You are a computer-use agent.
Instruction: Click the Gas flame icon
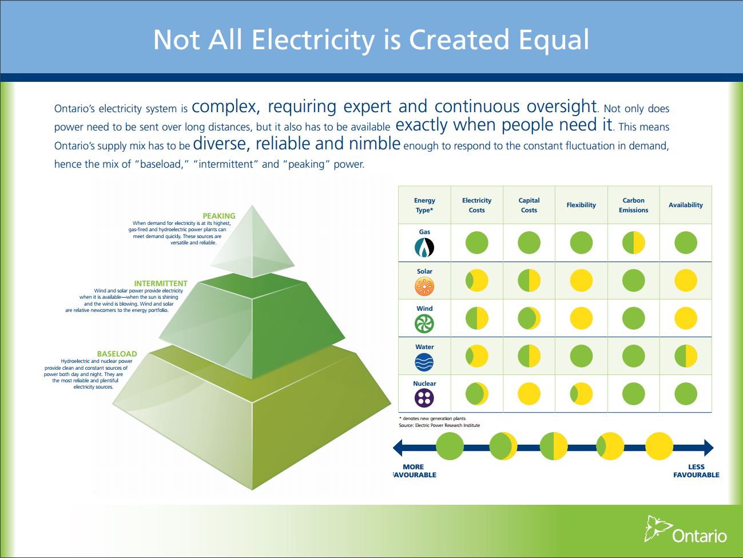click(x=424, y=247)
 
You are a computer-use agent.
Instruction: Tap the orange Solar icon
click(x=424, y=287)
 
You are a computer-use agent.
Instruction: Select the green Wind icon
click(x=424, y=324)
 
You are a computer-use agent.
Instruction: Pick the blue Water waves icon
click(x=424, y=362)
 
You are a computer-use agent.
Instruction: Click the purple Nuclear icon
click(x=424, y=398)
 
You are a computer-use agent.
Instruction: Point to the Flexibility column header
click(x=581, y=205)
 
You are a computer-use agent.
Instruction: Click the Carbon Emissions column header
click(x=633, y=205)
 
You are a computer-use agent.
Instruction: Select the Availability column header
click(x=685, y=205)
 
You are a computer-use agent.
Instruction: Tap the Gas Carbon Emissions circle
click(x=634, y=243)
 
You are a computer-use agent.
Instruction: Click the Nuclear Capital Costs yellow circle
click(x=529, y=394)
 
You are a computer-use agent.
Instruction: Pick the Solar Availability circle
click(x=686, y=280)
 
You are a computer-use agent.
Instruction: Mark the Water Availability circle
click(x=686, y=356)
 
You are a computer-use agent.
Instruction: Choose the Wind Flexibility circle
click(x=581, y=318)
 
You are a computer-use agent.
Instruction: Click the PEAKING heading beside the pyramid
click(x=218, y=216)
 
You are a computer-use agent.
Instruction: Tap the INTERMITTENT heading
click(x=161, y=283)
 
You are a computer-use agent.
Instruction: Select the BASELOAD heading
click(x=117, y=354)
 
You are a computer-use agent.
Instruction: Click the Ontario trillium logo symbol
click(x=657, y=528)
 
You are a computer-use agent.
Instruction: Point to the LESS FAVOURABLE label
click(x=696, y=471)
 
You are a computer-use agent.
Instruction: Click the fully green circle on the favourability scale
click(x=450, y=446)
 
